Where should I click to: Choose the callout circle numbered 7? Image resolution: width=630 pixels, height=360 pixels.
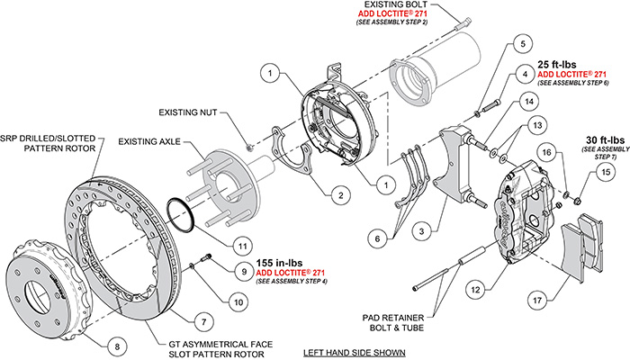point(205,319)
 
